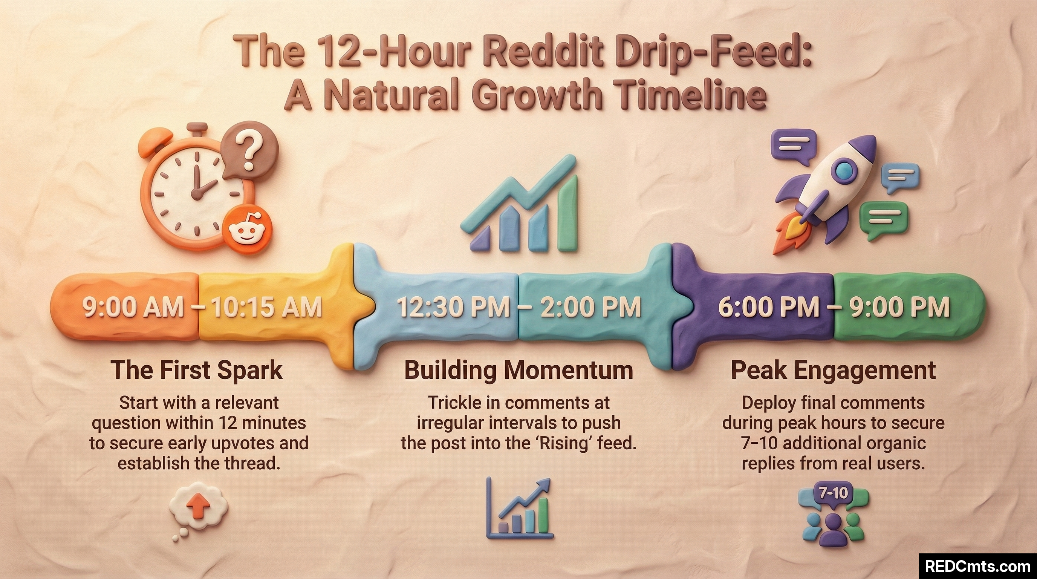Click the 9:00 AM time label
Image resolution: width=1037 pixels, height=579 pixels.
click(x=133, y=307)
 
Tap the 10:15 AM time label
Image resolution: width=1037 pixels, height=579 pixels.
click(x=266, y=307)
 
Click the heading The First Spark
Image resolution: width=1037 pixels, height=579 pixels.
click(x=196, y=371)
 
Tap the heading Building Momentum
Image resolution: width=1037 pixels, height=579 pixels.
click(x=518, y=371)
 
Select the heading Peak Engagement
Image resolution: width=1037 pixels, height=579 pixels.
click(x=833, y=371)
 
